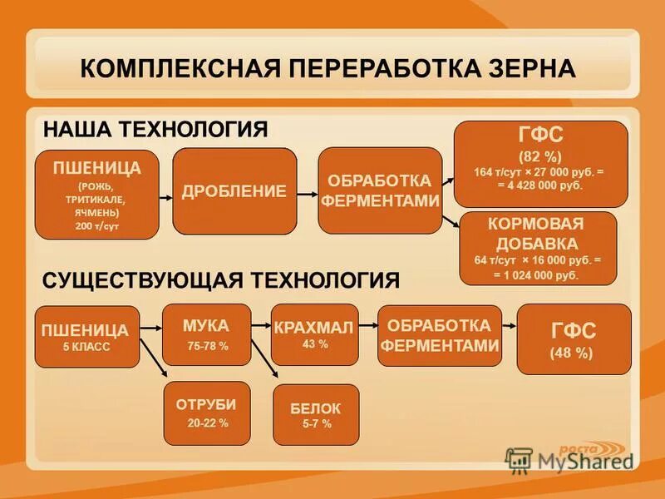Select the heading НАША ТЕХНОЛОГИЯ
pyautogui.click(x=155, y=130)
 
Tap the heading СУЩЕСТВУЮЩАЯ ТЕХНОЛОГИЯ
pyautogui.click(x=220, y=280)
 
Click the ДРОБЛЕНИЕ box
pyautogui.click(x=234, y=191)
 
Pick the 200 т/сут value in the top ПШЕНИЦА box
pyautogui.click(x=96, y=225)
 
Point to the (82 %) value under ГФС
pyautogui.click(x=540, y=156)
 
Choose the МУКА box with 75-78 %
pyautogui.click(x=207, y=334)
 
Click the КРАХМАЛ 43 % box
pyautogui.click(x=314, y=334)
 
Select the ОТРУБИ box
pyautogui.click(x=206, y=413)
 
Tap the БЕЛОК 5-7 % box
pyautogui.click(x=316, y=414)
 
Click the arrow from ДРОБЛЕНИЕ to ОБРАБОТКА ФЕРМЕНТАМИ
pyautogui.click(x=308, y=191)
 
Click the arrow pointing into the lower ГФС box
pyautogui.click(x=509, y=331)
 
